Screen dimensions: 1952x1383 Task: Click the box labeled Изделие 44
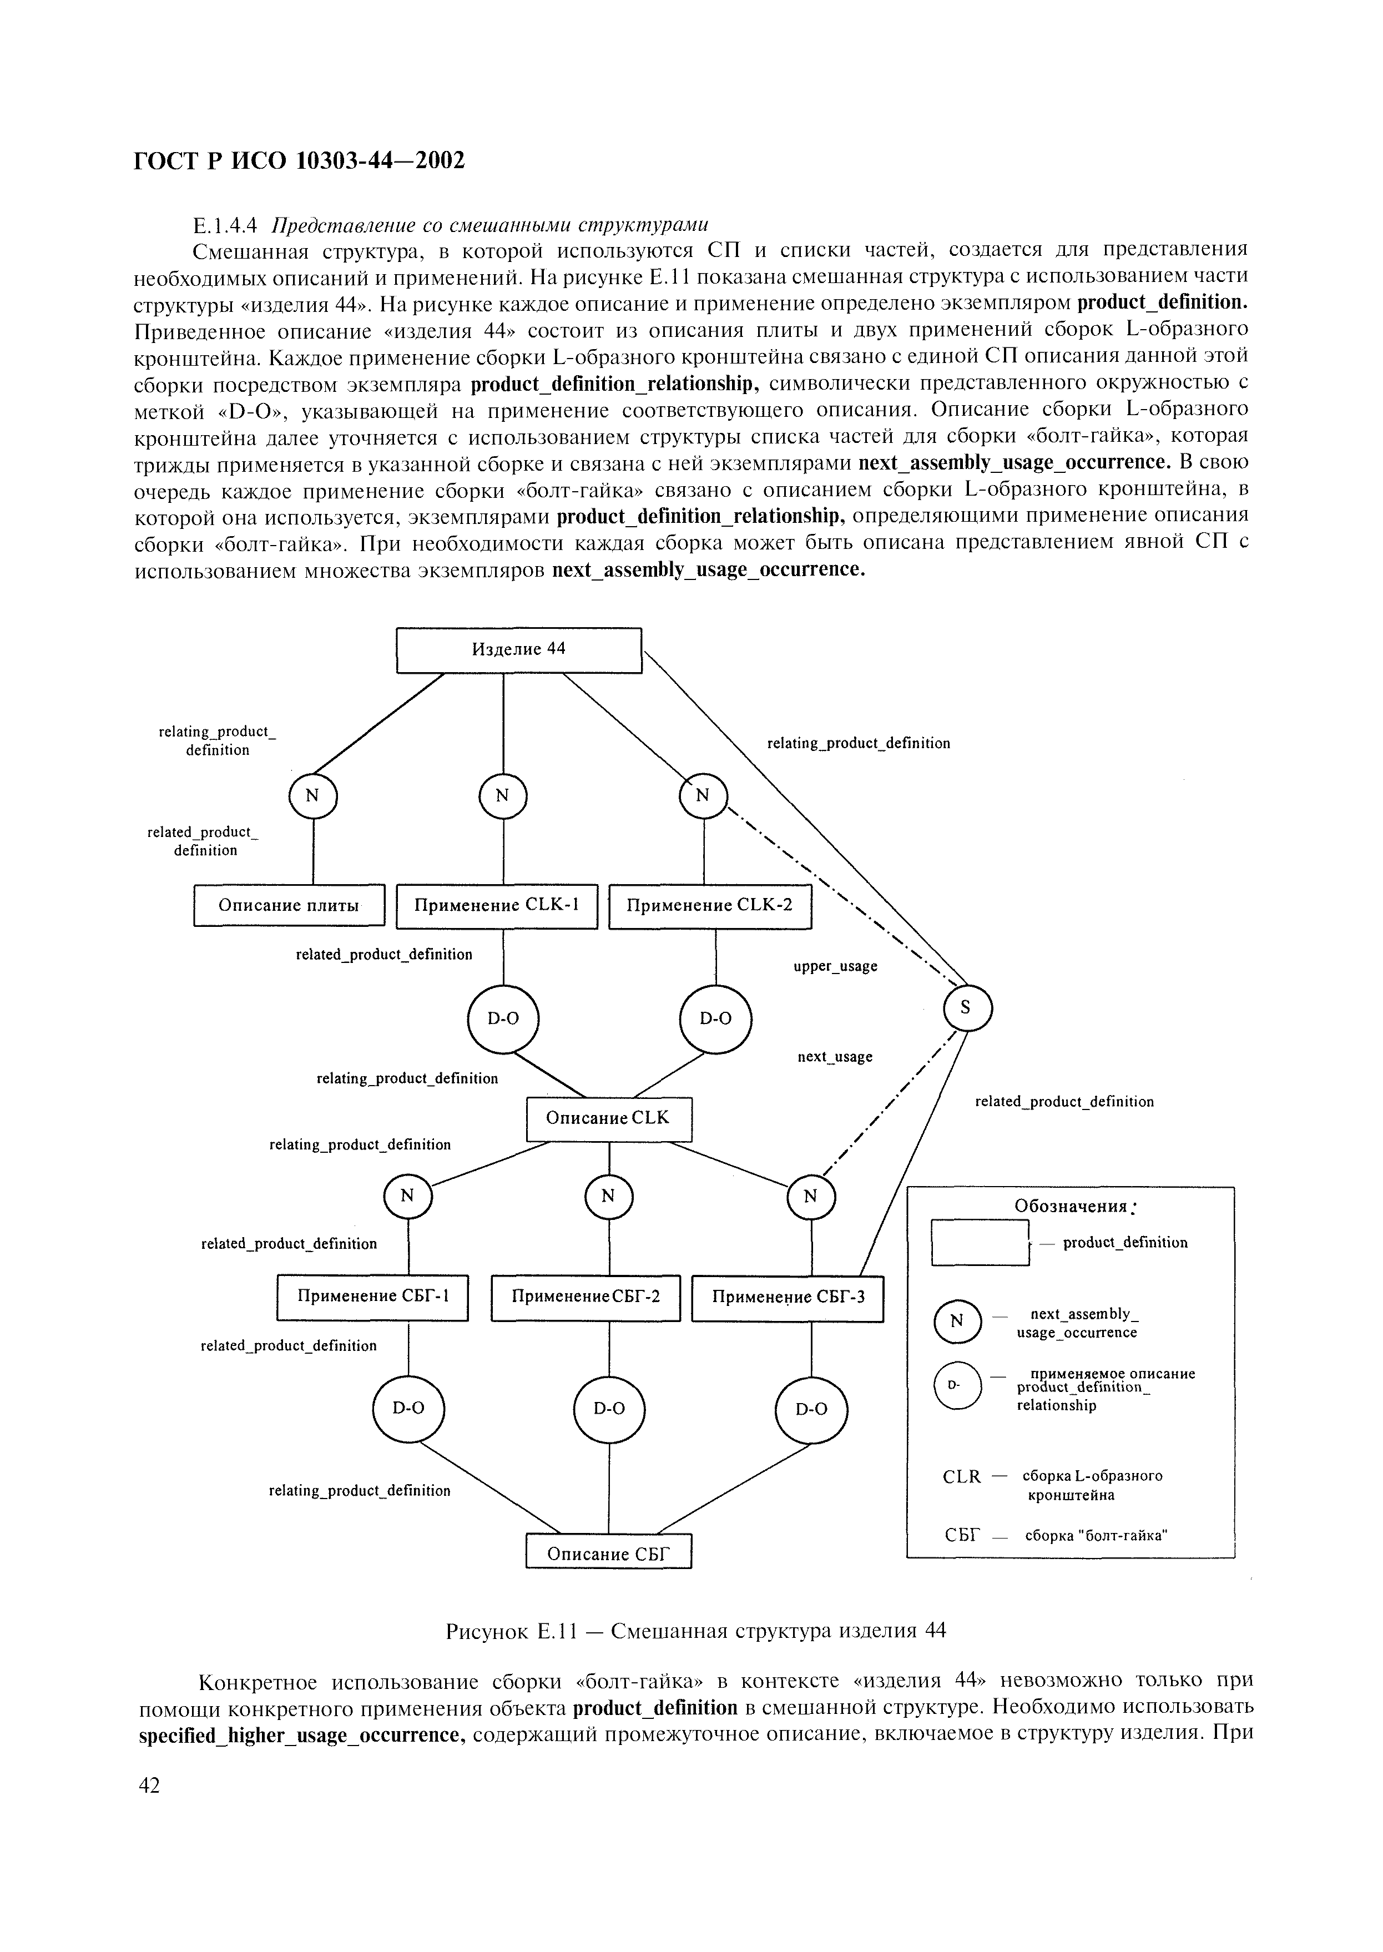click(518, 650)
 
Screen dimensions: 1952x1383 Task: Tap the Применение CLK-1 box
click(497, 905)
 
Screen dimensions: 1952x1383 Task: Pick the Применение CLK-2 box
click(710, 905)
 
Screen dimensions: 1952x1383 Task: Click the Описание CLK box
click(609, 1119)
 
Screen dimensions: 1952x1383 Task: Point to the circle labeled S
click(967, 1007)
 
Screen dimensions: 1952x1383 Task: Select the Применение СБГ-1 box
click(372, 1297)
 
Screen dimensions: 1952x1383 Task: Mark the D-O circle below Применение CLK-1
click(503, 1018)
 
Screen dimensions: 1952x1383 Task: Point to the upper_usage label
click(835, 967)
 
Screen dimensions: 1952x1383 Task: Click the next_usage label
click(835, 1057)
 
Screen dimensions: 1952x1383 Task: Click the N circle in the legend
click(957, 1321)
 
